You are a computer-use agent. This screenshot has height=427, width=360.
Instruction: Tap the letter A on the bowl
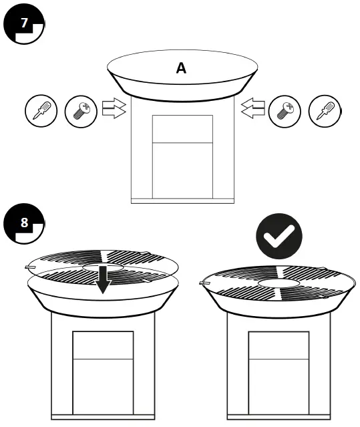(181, 67)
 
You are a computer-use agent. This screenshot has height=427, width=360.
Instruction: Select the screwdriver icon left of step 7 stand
(41, 110)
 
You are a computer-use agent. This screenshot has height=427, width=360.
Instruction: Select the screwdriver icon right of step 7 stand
(325, 110)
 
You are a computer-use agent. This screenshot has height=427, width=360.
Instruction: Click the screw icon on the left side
(81, 110)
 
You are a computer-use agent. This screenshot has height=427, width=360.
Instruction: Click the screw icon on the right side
(285, 110)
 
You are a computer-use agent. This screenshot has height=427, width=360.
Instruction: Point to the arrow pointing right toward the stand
(114, 108)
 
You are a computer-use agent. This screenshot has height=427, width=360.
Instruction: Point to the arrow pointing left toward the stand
(253, 108)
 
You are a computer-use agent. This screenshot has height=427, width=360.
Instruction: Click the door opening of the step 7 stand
(182, 156)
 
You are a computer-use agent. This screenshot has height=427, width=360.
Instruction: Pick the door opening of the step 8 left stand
(102, 371)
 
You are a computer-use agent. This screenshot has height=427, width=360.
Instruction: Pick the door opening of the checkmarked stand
(278, 371)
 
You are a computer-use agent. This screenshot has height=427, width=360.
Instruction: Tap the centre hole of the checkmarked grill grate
(279, 283)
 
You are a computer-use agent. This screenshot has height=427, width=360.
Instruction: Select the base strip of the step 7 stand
(182, 200)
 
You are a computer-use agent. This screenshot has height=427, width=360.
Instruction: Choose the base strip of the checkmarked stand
(278, 417)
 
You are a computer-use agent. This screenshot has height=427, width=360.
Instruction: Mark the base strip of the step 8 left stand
(102, 417)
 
